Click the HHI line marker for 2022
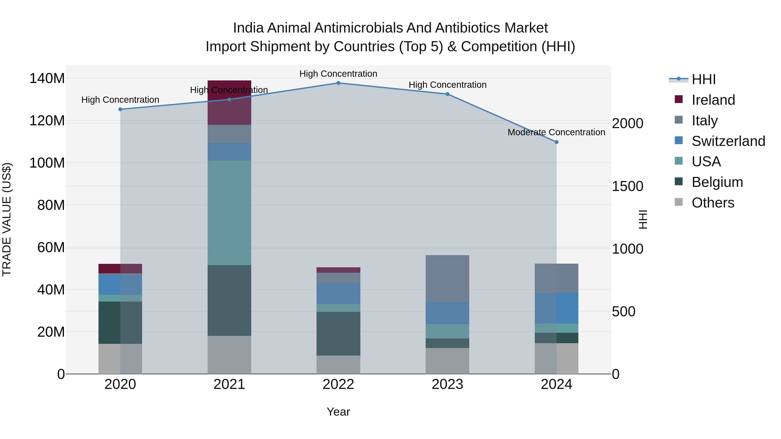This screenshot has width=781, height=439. coord(338,83)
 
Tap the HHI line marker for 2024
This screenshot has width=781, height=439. coord(556,142)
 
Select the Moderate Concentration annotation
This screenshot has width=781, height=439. coord(556,132)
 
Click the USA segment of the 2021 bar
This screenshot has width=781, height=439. coord(229,213)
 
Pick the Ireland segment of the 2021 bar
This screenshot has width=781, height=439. coord(229,103)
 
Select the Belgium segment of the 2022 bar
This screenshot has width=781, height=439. coord(338,334)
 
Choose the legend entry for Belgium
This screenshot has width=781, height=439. coord(717,182)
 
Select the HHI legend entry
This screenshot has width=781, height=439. coord(703,79)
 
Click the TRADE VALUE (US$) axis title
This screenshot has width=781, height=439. coord(7,219)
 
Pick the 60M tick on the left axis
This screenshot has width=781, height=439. coord(51,248)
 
